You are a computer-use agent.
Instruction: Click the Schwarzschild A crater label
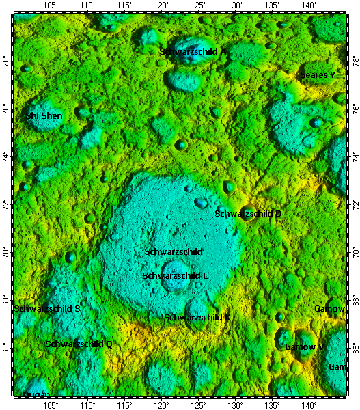point(193,51)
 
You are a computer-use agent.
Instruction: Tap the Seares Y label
point(318,74)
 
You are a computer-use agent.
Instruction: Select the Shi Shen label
point(44,116)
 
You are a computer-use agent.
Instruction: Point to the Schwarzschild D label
point(248,214)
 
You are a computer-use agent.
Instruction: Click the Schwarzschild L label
point(175,275)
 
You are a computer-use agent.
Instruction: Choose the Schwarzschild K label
point(197,318)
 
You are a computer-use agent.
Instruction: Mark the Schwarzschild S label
point(47,309)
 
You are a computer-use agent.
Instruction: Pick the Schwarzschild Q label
point(79,344)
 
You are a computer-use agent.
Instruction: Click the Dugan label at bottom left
point(36,395)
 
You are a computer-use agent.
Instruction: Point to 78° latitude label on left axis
point(5,61)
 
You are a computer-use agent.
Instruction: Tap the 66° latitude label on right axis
point(355,348)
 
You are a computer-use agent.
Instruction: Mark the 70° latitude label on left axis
point(5,253)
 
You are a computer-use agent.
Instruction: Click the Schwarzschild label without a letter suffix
point(174,252)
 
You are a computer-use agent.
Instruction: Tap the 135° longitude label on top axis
point(271,5)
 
